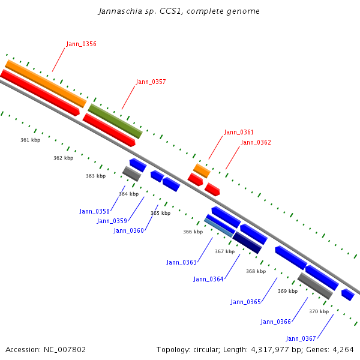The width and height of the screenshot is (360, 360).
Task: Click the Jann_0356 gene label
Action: (81, 44)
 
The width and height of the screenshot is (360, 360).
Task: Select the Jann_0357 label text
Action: (151, 82)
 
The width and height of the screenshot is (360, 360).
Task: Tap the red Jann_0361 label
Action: (239, 132)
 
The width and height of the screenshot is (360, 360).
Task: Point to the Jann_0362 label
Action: (256, 142)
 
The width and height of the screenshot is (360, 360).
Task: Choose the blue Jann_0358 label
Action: (94, 211)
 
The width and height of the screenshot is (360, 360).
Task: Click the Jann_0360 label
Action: (128, 230)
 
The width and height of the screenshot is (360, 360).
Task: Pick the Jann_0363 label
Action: (181, 262)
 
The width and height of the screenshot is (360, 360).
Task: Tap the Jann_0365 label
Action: (245, 302)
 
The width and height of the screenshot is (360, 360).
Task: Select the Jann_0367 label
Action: (301, 338)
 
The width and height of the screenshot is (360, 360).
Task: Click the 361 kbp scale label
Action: (31, 140)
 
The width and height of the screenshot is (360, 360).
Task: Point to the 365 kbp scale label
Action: (160, 213)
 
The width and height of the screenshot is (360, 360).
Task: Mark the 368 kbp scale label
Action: (256, 271)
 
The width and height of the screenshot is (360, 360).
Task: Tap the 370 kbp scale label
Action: (319, 311)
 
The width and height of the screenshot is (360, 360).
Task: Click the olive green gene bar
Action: (115, 121)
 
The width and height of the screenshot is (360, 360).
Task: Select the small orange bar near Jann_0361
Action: (202, 171)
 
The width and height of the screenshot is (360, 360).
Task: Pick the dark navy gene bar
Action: (247, 242)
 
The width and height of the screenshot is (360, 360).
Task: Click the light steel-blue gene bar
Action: (218, 227)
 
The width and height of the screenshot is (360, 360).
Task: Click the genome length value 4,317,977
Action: (270, 350)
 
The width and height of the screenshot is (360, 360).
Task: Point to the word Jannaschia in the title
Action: (121, 11)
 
